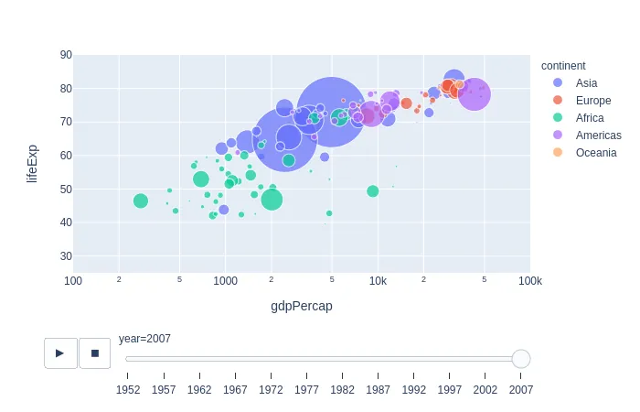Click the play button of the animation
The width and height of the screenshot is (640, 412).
pyautogui.click(x=60, y=352)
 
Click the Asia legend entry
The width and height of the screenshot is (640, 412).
pyautogui.click(x=586, y=83)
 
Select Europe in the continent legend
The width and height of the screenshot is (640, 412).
pyautogui.click(x=592, y=101)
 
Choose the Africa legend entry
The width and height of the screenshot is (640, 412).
pyautogui.click(x=589, y=118)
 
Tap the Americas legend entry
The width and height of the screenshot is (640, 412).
pyautogui.click(x=598, y=136)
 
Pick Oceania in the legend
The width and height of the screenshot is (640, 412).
pyautogui.click(x=595, y=153)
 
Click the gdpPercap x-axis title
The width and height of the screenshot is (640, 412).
pyautogui.click(x=302, y=306)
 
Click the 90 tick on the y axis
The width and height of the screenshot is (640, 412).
pyautogui.click(x=66, y=55)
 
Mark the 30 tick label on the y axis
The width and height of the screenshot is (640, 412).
pyautogui.click(x=66, y=256)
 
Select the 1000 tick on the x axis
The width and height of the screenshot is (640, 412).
pyautogui.click(x=226, y=281)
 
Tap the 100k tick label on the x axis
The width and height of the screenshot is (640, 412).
pyautogui.click(x=529, y=281)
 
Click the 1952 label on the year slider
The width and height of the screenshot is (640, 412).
pyautogui.click(x=127, y=390)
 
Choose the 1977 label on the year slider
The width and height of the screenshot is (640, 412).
pyautogui.click(x=306, y=390)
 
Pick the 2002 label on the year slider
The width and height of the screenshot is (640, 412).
pyautogui.click(x=485, y=390)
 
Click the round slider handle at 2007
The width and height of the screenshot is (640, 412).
pyautogui.click(x=520, y=359)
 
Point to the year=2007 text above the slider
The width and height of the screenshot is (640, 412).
pyautogui.click(x=144, y=339)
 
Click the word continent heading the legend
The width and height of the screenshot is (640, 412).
pyautogui.click(x=563, y=66)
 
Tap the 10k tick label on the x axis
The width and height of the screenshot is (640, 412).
pyautogui.click(x=378, y=281)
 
